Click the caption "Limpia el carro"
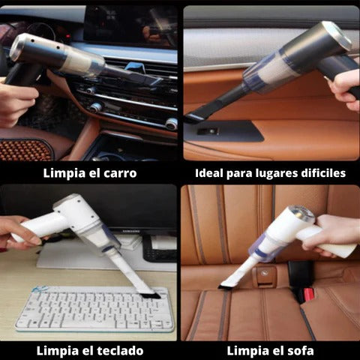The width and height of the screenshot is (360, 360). (89, 173)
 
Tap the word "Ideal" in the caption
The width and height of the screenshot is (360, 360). (211, 173)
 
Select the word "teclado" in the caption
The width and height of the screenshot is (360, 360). (118, 349)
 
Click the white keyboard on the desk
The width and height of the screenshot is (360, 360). (93, 308)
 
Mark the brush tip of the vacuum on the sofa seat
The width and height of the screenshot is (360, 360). (223, 284)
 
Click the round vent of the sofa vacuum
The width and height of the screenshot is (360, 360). (303, 215)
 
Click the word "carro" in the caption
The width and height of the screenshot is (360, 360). (119, 173)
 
